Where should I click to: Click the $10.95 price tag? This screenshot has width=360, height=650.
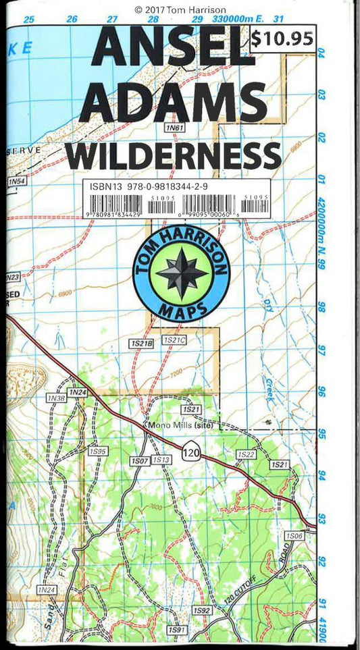coord(282,39)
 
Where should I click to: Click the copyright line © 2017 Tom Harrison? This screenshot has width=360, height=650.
coord(180,9)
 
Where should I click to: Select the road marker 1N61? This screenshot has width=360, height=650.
coord(174,127)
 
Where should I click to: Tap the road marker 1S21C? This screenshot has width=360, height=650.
coord(174,341)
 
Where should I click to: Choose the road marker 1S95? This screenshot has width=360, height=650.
coord(97,450)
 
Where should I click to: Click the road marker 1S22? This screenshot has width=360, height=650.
coord(246,455)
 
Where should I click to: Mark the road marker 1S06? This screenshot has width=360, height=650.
coord(294,535)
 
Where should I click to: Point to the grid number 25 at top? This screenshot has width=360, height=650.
coord(28,20)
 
